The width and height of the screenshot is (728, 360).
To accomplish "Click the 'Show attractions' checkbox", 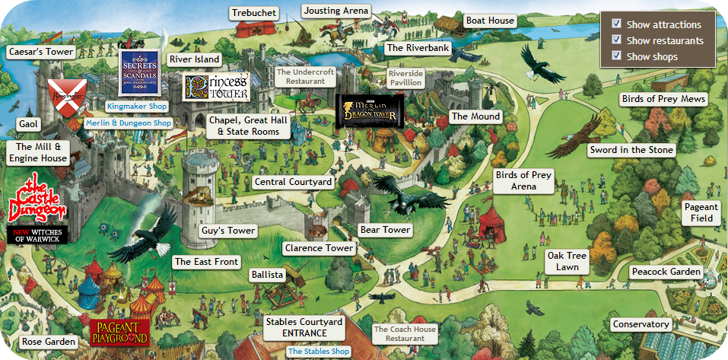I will point(617,24).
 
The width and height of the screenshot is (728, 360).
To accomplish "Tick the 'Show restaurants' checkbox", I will point(617,40).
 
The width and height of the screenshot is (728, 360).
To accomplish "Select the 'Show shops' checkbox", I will point(617,56).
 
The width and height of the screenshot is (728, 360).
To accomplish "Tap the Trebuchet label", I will point(254,13).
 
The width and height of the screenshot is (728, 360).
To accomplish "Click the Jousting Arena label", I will point(335,11).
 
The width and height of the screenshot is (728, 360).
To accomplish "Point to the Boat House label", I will point(490,21).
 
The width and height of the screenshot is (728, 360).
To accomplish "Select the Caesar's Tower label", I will point(40,52).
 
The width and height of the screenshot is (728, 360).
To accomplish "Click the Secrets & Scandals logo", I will point(140,72).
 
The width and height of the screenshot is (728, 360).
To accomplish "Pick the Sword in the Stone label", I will point(631,150).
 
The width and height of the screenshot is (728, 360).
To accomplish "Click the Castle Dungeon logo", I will point(37,200).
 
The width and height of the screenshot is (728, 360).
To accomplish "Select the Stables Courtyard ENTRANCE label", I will point(304,327).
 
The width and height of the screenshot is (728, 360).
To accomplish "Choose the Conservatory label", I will point(641,324).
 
